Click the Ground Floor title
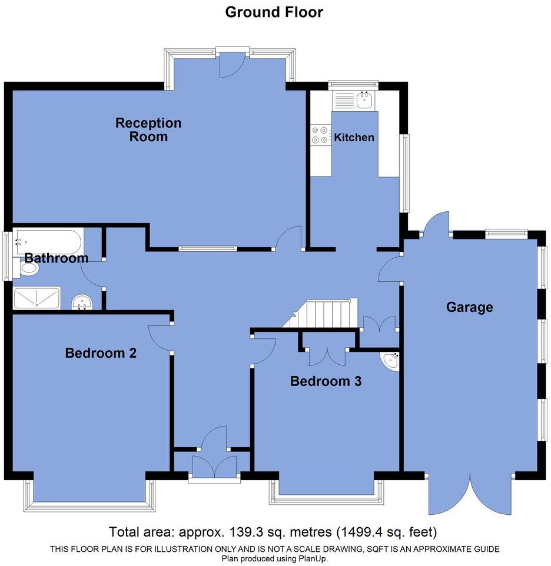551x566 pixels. [274, 12]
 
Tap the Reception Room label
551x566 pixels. [148, 130]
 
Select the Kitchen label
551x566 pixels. [354, 138]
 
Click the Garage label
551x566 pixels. [469, 307]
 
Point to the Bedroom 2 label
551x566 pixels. [101, 353]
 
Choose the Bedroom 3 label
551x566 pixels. [326, 381]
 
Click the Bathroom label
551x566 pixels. [56, 258]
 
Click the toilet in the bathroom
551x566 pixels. [28, 269]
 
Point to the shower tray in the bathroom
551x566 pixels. [37, 298]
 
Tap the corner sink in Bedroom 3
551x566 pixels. [390, 361]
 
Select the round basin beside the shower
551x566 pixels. [82, 303]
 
